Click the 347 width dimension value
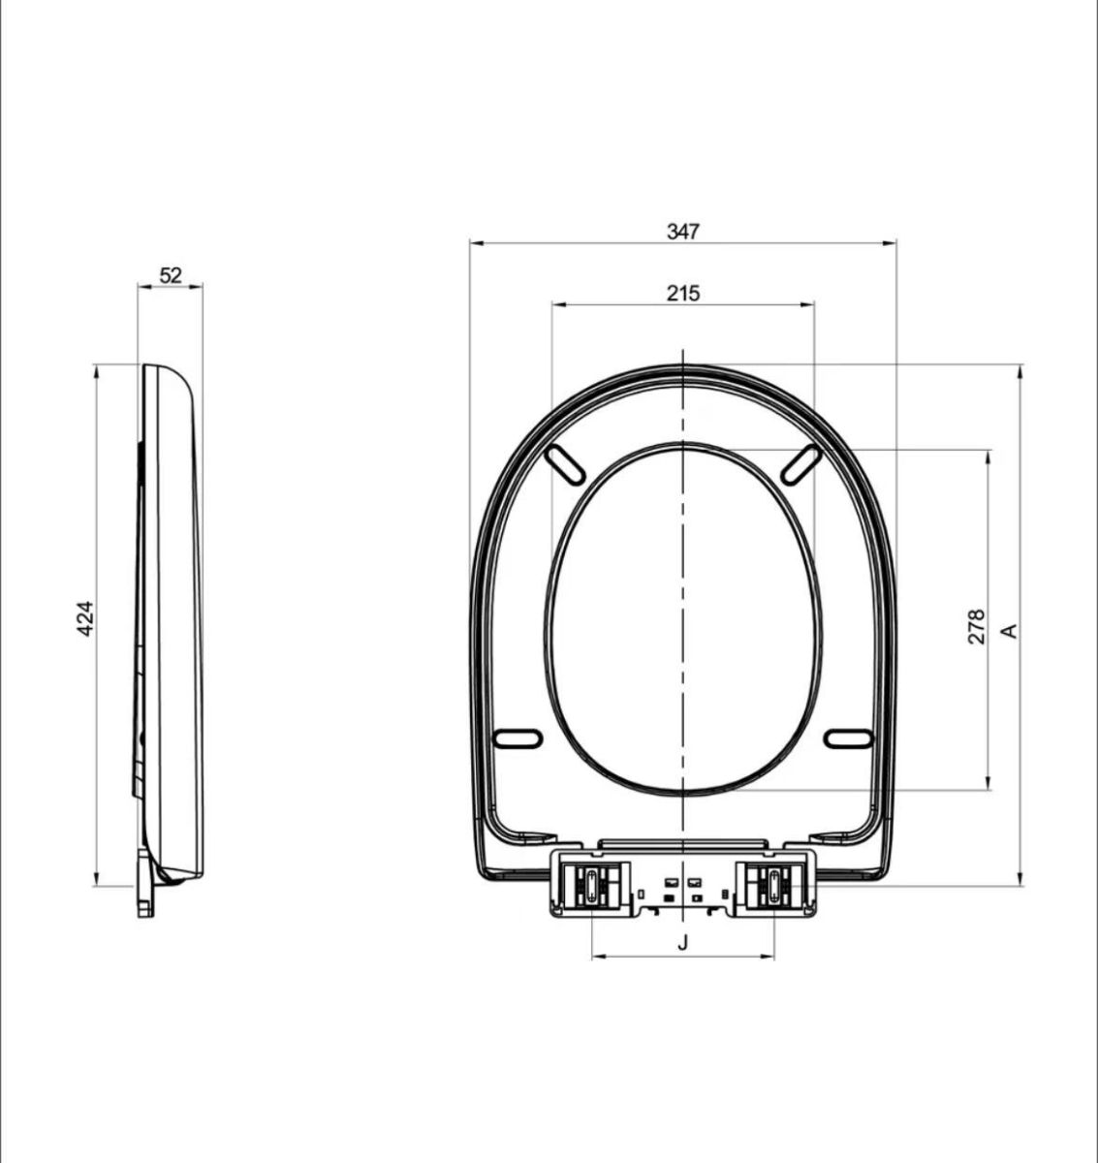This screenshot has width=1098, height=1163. [683, 232]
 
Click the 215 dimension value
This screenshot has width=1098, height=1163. [683, 293]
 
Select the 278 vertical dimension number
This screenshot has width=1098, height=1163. [976, 627]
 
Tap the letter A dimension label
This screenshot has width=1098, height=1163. [1010, 631]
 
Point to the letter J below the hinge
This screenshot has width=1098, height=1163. [683, 943]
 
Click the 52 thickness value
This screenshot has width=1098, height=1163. [171, 275]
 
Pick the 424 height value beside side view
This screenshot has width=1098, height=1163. [85, 619]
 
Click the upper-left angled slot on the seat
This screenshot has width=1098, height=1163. [565, 464]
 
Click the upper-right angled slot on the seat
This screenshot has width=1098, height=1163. [801, 464]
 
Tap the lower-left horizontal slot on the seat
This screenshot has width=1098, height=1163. [518, 739]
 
